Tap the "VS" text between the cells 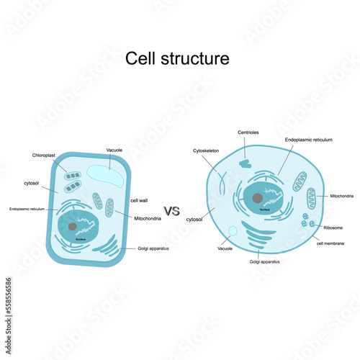(171, 211)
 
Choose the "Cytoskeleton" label (205, 150)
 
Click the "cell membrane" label (330, 243)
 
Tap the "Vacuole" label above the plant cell (114, 150)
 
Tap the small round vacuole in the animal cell (232, 232)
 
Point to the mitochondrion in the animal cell (311, 198)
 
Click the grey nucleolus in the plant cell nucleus (73, 227)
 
